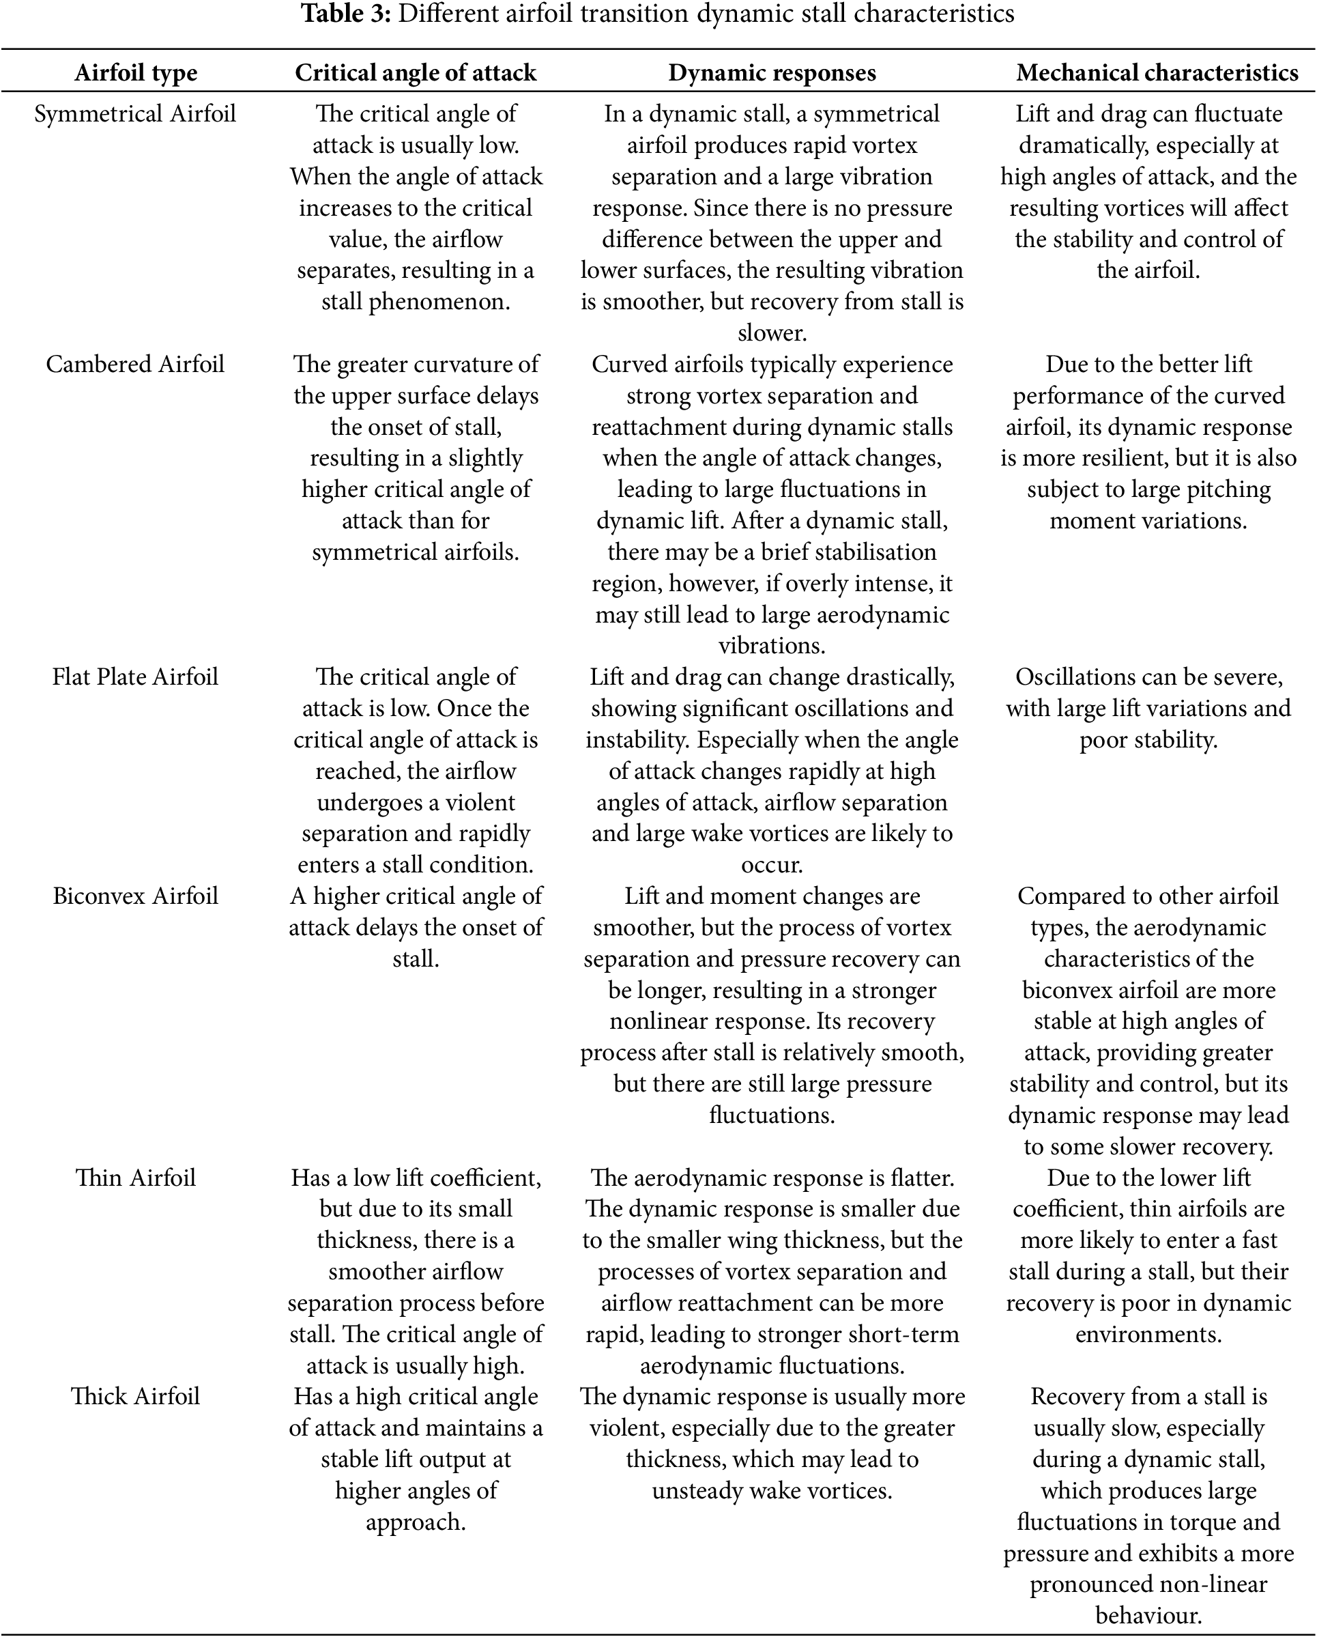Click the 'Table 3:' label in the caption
346,14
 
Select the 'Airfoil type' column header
136,73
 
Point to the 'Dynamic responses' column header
772,73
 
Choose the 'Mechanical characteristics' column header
1157,73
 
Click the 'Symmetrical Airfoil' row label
135,114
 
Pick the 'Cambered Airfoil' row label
135,365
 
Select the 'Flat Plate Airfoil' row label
135,677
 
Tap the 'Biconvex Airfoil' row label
135,896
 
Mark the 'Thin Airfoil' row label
135,1178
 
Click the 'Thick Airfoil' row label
135,1396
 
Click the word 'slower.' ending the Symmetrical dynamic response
772,333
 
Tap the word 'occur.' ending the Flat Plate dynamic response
772,865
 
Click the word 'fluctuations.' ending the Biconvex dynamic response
772,1115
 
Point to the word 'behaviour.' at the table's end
1148,1615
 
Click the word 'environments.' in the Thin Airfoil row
1148,1334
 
